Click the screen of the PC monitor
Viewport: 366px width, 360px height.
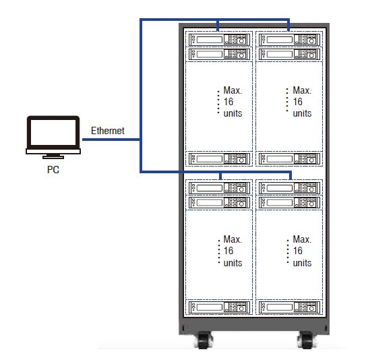53,132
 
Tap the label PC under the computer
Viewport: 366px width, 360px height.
53,170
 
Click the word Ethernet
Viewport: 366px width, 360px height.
108,131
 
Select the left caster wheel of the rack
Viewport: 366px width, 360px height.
204,340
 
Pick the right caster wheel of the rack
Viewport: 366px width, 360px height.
306,340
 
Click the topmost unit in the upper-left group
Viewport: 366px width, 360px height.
219,40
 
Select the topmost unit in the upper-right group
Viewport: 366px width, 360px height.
289,40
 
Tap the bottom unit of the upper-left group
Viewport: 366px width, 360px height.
219,158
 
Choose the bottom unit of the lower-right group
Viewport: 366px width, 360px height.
289,307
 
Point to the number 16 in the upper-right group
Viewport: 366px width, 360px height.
298,102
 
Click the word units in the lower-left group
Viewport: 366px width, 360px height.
233,263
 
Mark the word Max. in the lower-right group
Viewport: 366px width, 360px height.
302,239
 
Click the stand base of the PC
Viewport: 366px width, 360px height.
53,157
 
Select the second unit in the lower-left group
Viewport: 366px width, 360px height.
219,202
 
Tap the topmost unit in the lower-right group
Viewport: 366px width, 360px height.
289,188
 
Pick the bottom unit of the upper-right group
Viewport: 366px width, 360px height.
289,158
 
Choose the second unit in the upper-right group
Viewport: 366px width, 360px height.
289,54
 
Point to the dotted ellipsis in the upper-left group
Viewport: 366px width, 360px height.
218,102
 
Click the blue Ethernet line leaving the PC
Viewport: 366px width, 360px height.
111,140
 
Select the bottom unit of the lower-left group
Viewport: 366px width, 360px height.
219,307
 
